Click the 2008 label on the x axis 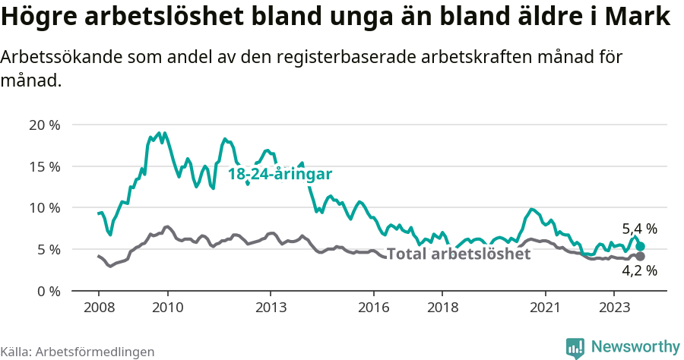[x=99, y=308]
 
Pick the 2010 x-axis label [x=167, y=308]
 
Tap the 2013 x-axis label [x=271, y=308]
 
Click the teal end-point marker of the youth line [x=641, y=246]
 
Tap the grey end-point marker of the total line [x=641, y=256]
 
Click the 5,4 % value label [x=639, y=229]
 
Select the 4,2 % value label [x=639, y=270]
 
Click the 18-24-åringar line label [x=280, y=174]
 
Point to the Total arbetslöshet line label [x=458, y=254]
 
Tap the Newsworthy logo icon [x=575, y=347]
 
